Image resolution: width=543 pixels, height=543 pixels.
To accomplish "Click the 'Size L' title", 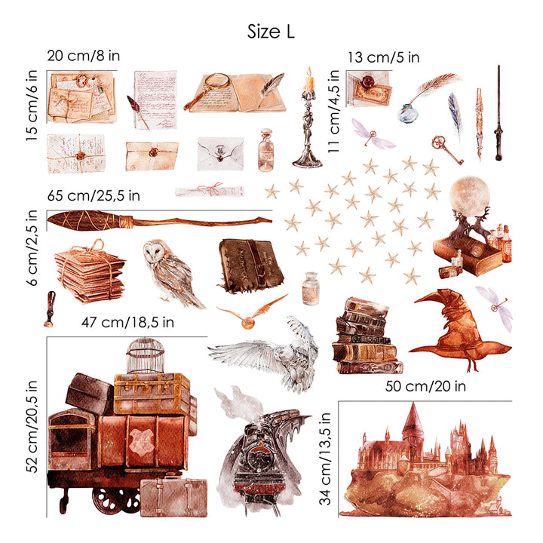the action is point(271,32).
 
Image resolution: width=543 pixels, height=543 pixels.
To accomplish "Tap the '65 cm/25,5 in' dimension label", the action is point(94,195).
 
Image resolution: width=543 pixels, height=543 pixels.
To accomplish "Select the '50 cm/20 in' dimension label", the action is point(425,386).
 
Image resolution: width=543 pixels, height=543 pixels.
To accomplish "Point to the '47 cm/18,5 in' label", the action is point(127,323).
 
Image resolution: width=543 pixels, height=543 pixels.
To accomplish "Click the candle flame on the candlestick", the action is point(309,72).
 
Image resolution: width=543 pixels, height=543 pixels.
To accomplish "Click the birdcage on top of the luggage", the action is point(145,355).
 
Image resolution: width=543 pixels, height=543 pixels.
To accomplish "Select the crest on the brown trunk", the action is point(141,440).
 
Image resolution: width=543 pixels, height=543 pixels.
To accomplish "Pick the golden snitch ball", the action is point(247,324).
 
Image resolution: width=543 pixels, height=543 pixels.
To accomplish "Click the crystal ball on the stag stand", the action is point(469,195).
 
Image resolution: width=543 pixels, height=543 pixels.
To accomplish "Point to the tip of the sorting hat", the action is point(415,302).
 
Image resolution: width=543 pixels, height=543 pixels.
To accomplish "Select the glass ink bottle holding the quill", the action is point(408,113).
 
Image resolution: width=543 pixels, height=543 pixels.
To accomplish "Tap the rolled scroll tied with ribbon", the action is point(210,191).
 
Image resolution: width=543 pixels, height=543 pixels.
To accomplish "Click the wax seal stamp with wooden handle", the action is point(50,309).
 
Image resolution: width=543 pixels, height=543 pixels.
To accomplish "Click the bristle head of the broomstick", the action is point(89,220).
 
